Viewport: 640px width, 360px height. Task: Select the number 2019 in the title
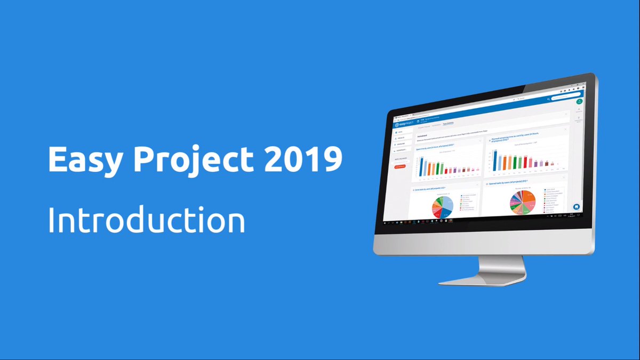coord(303,158)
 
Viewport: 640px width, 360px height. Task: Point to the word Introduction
coord(146,220)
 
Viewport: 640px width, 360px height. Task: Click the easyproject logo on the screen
coord(405,124)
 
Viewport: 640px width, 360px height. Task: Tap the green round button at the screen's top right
coord(579,101)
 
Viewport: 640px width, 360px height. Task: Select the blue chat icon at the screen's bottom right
coord(576,207)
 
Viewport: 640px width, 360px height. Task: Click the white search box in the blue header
coord(562,99)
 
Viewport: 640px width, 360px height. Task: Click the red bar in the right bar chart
coord(526,163)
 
